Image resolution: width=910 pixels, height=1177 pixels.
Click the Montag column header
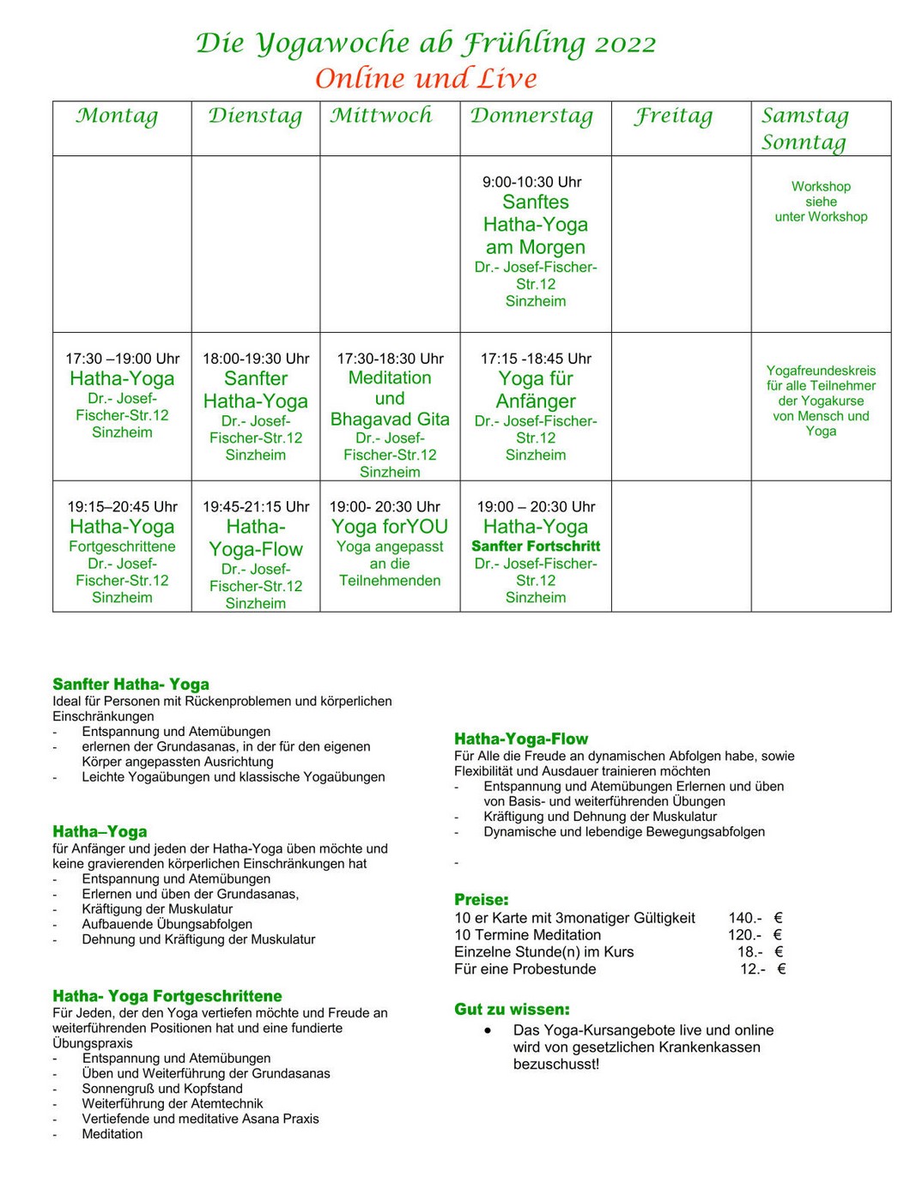pos(118,116)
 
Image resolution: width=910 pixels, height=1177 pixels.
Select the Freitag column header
pos(674,116)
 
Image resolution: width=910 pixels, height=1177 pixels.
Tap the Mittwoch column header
pos(381,116)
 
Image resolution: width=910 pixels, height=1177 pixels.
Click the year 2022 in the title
pos(625,44)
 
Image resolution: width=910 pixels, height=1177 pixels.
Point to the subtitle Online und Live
pos(426,79)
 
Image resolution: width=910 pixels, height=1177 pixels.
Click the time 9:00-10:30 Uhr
pos(532,182)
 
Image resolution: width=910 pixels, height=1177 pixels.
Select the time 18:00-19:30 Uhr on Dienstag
pos(256,359)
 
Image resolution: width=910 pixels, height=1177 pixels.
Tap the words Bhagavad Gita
pos(390,419)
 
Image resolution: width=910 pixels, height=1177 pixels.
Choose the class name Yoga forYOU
pos(390,527)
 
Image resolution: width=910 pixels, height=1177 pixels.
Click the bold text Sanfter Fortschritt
pos(536,546)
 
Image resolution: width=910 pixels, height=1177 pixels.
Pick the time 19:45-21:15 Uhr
pos(256,507)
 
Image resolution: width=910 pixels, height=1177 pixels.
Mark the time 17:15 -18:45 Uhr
pos(536,359)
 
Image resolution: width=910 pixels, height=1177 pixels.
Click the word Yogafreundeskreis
pos(821,371)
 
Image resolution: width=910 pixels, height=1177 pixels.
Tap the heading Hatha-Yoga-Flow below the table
pos(521,739)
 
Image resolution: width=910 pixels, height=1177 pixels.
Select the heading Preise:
pos(482,900)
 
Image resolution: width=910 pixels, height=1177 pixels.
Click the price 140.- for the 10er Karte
pos(745,918)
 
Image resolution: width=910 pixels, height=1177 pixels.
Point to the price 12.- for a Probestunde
pos(753,969)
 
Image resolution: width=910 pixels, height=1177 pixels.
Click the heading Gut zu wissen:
pos(512,1010)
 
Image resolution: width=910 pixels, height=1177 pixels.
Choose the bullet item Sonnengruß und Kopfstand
pos(162,1089)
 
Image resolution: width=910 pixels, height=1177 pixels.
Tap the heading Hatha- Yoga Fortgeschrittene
pos(167,996)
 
